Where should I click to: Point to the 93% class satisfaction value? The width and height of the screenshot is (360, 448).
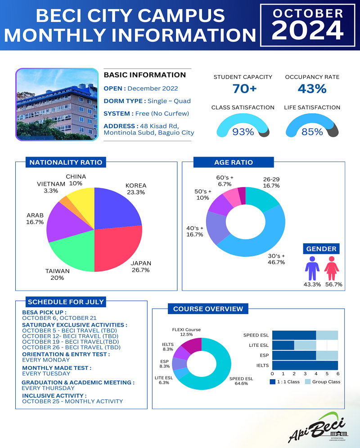(243, 132)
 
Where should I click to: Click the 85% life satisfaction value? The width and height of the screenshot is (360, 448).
(312, 132)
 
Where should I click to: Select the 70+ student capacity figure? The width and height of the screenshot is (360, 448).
(244, 89)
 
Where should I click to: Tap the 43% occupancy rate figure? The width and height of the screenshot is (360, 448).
(312, 89)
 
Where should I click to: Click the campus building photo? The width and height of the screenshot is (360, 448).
(57, 104)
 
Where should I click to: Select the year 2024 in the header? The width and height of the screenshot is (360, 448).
(308, 31)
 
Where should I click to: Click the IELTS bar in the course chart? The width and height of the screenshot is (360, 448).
(305, 365)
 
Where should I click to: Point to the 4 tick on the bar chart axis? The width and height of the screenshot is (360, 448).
(316, 374)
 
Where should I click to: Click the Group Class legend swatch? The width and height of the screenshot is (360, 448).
(308, 382)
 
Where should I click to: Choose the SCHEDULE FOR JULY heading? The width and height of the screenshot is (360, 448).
(66, 302)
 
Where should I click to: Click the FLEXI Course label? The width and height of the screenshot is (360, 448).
(186, 332)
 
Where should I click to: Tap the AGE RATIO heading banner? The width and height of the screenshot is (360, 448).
(233, 162)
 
